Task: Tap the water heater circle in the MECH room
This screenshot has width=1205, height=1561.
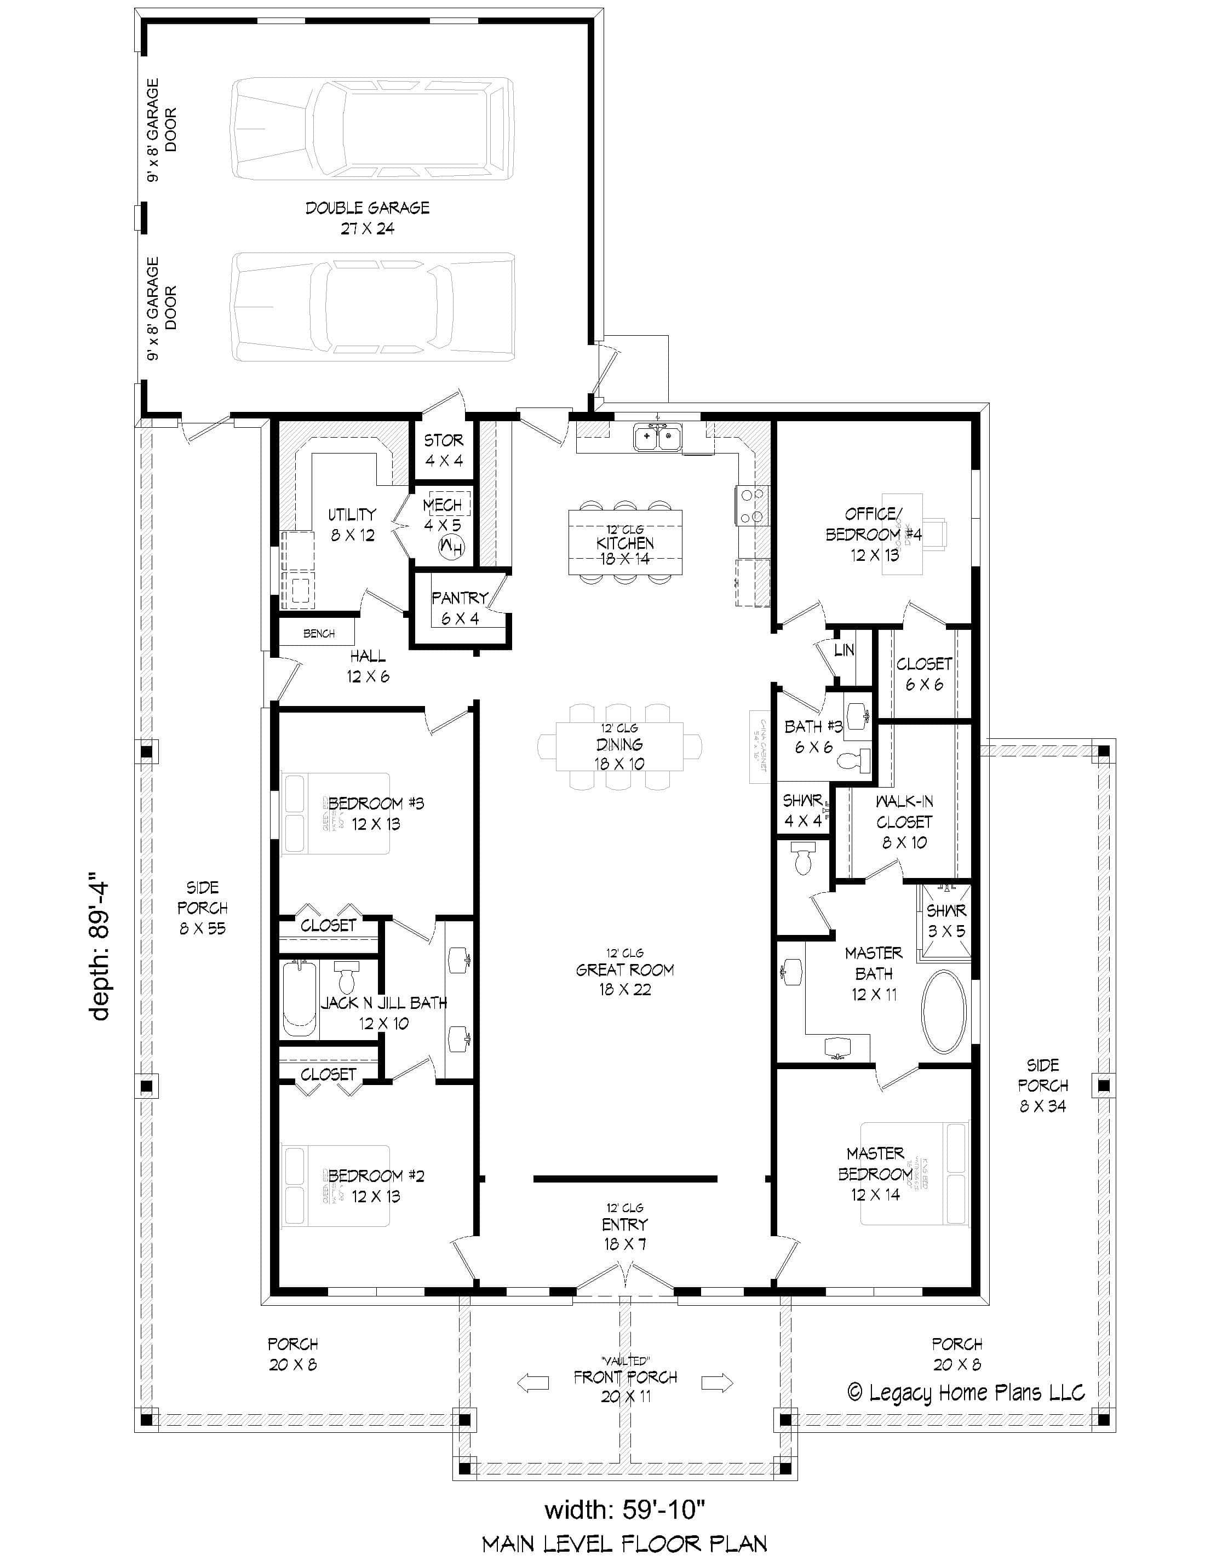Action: click(452, 548)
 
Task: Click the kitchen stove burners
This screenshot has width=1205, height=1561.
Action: click(751, 506)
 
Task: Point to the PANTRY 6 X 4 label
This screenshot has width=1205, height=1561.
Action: click(460, 607)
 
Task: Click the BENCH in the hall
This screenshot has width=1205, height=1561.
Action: click(318, 633)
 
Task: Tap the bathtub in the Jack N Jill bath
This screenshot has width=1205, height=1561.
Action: click(299, 998)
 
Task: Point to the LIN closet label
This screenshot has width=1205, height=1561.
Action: click(843, 650)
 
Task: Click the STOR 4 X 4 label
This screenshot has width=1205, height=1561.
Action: click(444, 450)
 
